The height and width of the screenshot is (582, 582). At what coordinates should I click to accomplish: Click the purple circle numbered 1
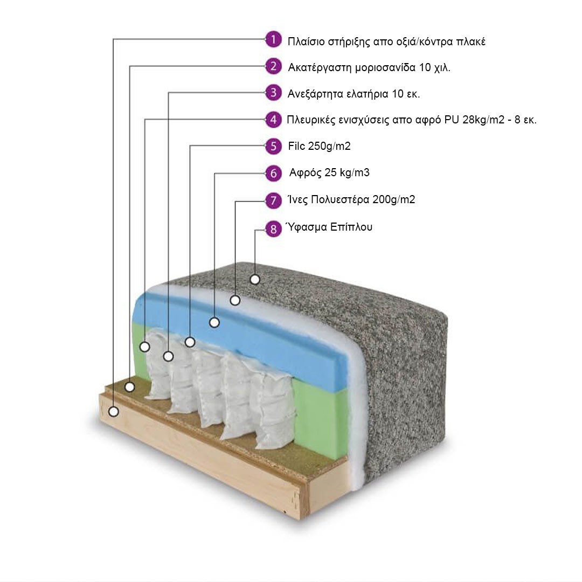pyautogui.click(x=274, y=39)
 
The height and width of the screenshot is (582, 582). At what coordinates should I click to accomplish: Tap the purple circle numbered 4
pyautogui.click(x=274, y=120)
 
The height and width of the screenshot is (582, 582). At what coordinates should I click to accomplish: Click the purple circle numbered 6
pyautogui.click(x=274, y=174)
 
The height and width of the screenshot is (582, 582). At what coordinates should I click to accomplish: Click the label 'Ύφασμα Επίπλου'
pyautogui.click(x=329, y=227)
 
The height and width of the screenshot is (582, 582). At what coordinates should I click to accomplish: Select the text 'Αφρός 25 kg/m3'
pyautogui.click(x=329, y=173)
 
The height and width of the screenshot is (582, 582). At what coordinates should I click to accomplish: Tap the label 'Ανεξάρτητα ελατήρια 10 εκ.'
pyautogui.click(x=354, y=94)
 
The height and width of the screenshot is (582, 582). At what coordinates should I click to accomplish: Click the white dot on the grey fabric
pyautogui.click(x=255, y=279)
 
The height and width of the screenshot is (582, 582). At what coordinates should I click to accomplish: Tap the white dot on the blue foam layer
pyautogui.click(x=214, y=323)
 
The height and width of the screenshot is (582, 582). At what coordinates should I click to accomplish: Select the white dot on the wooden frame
pyautogui.click(x=114, y=412)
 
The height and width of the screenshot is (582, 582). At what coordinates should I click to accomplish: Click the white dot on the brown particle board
pyautogui.click(x=130, y=386)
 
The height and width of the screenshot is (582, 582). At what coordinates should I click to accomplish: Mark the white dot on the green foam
pyautogui.click(x=144, y=347)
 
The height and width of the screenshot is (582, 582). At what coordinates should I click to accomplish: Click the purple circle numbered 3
pyautogui.click(x=274, y=93)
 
